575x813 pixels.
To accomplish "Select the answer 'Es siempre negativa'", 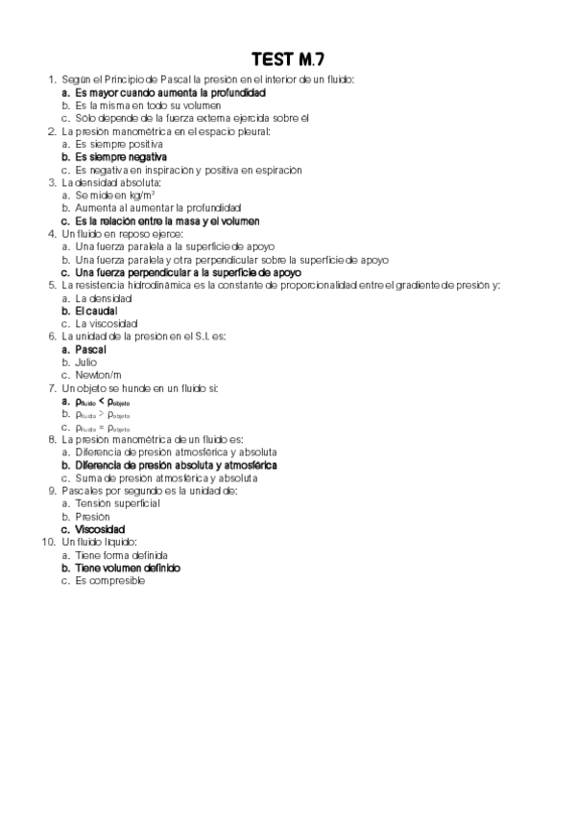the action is (x=121, y=156).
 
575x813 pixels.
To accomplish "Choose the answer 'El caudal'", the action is (x=99, y=311).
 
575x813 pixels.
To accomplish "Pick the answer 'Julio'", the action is (x=86, y=362).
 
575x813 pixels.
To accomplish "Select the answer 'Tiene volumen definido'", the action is (x=128, y=568).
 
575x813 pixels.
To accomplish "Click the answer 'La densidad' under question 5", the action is (x=101, y=298).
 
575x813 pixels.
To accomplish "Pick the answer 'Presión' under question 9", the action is (x=92, y=517).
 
